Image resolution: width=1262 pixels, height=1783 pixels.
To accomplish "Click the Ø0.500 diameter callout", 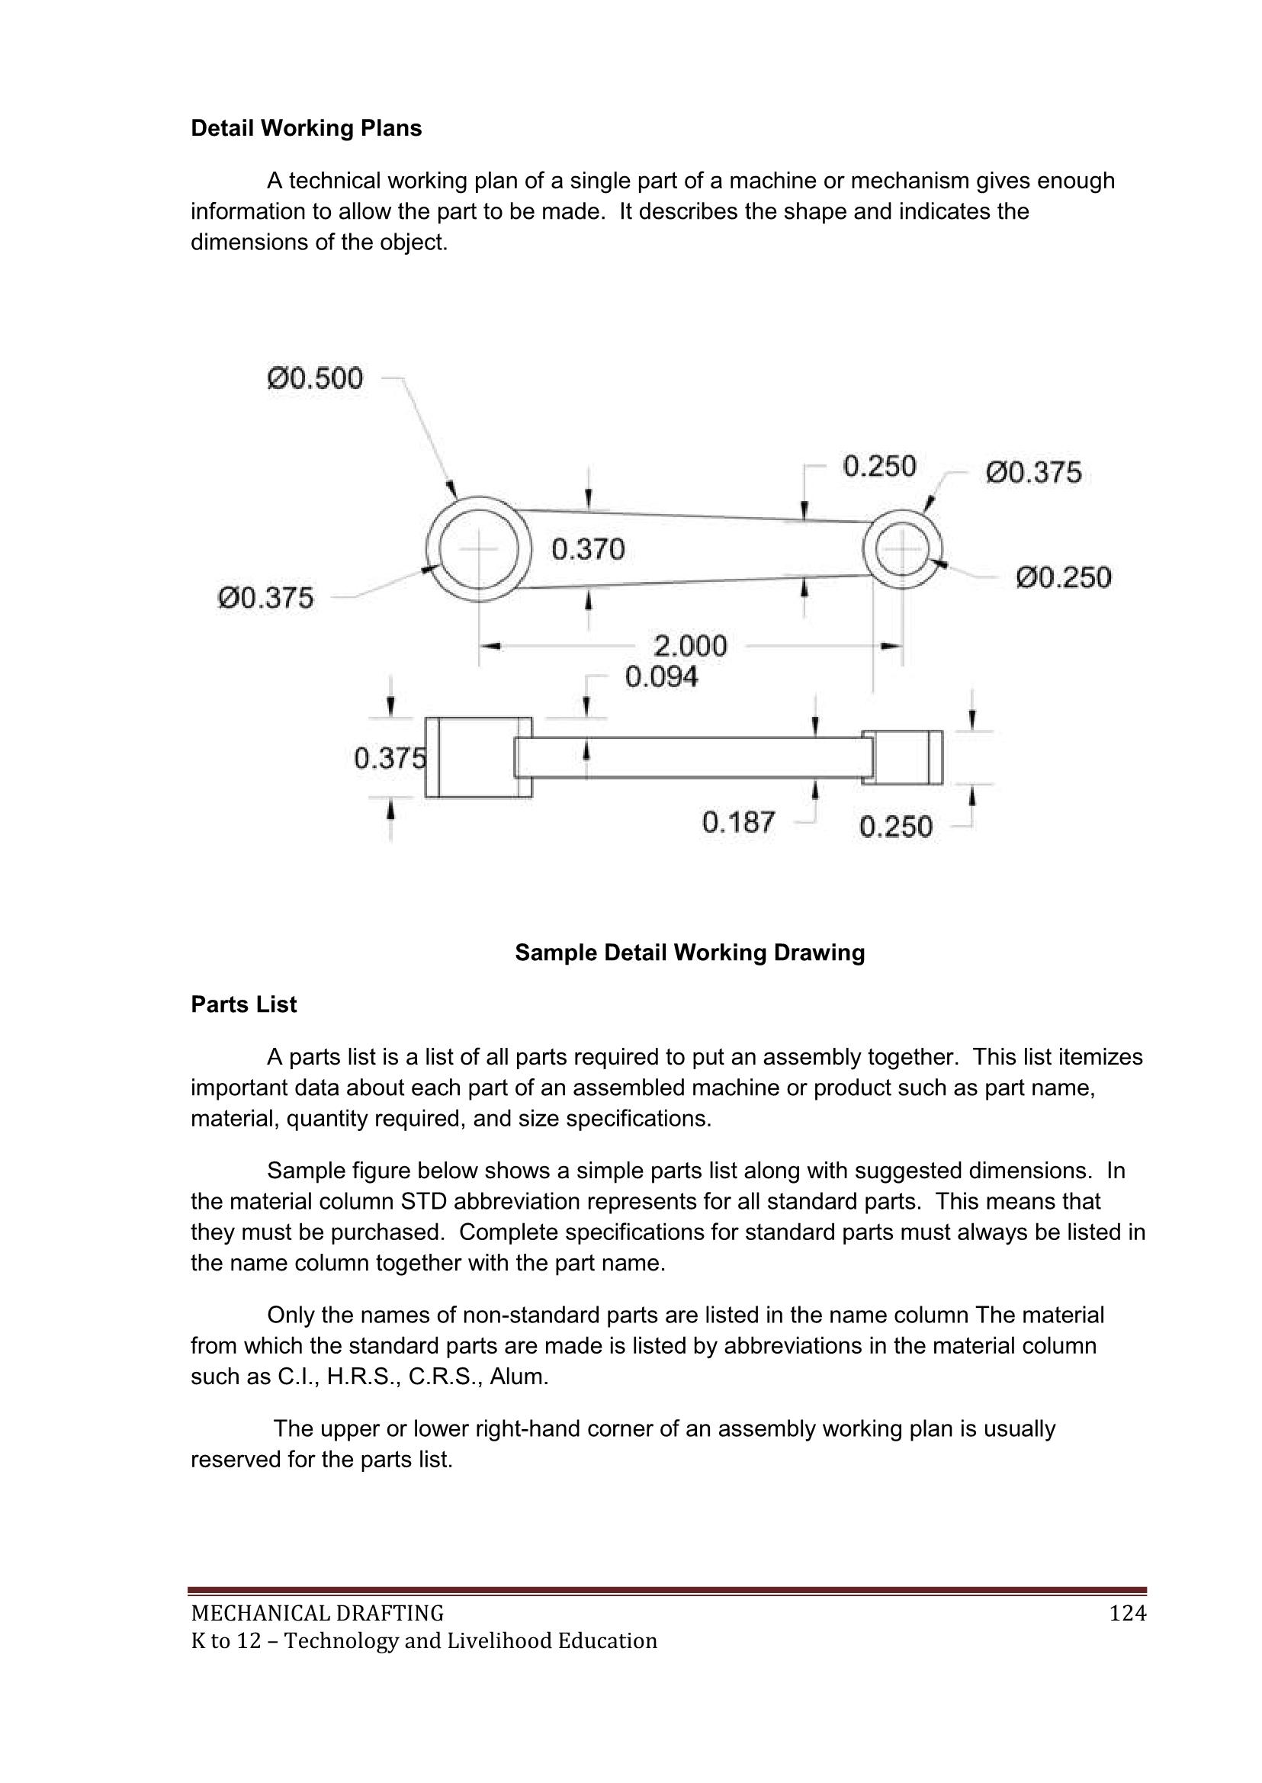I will (x=315, y=378).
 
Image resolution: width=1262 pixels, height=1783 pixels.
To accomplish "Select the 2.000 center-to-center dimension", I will (x=690, y=646).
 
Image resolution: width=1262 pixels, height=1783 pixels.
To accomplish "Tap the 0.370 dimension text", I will (x=588, y=550).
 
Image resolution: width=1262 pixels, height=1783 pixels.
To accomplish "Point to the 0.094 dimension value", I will (x=661, y=677).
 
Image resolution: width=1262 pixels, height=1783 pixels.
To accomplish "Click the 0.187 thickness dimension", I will (x=738, y=821).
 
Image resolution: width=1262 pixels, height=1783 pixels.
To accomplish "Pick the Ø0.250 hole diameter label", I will (x=1064, y=577).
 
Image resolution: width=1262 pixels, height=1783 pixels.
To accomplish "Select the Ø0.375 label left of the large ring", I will (x=266, y=598).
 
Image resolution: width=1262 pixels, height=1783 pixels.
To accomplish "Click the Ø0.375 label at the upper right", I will (x=1033, y=473).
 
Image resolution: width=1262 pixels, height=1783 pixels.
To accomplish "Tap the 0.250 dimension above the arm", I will (x=880, y=467).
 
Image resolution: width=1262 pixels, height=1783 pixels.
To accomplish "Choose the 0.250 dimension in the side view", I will (x=895, y=826).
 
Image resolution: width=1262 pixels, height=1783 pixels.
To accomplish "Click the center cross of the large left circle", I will (x=480, y=549).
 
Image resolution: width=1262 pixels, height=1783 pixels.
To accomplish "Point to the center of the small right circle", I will (x=902, y=549).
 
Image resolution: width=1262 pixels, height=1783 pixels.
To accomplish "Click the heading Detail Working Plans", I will (x=307, y=128).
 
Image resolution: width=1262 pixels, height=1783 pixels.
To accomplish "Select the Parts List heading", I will (x=243, y=1004).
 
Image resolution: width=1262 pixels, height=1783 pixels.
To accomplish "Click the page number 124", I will (x=1128, y=1614).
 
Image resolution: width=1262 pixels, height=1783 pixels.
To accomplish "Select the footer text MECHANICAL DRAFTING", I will (x=317, y=1614).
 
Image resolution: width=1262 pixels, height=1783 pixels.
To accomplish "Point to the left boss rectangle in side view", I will (x=478, y=757).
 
